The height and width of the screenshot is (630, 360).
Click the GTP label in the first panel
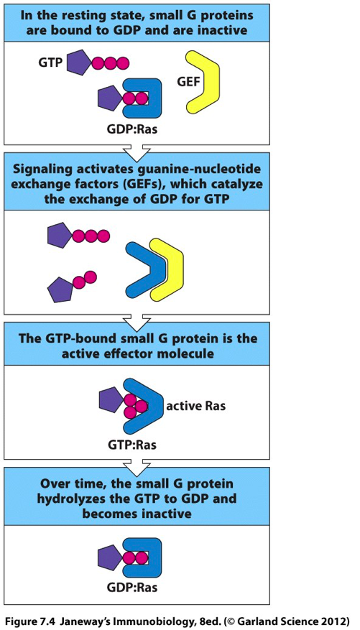(x=49, y=63)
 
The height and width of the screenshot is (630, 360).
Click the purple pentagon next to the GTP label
(x=79, y=63)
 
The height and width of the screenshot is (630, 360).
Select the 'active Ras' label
(x=196, y=406)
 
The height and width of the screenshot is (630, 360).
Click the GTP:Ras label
(x=131, y=445)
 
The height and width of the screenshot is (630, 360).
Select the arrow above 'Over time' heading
(x=134, y=462)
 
